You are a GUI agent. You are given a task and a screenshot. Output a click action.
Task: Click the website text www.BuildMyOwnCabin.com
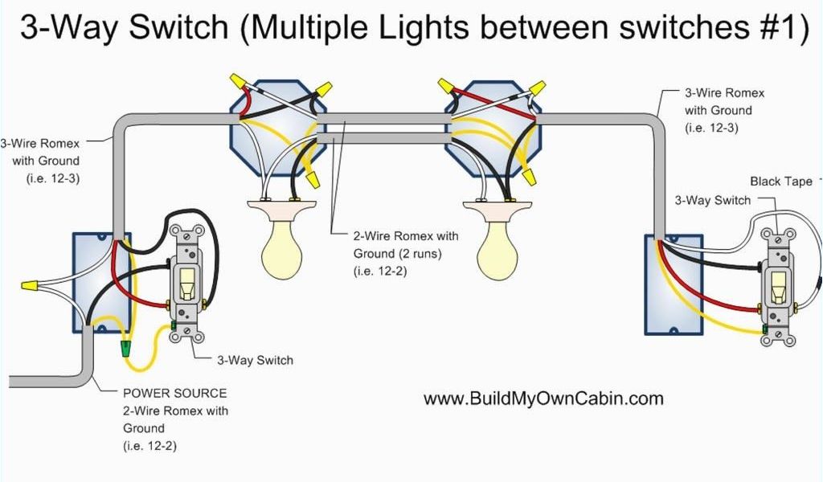pyautogui.click(x=543, y=398)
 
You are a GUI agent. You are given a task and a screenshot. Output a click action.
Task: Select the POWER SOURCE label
pyautogui.click(x=174, y=393)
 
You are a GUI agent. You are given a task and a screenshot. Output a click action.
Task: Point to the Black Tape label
pyautogui.click(x=781, y=182)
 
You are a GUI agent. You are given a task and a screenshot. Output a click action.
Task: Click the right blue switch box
pyautogui.click(x=674, y=284)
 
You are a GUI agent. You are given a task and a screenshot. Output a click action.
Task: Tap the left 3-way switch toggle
pyautogui.click(x=187, y=281)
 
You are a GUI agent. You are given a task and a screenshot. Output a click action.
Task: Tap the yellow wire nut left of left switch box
pyautogui.click(x=30, y=285)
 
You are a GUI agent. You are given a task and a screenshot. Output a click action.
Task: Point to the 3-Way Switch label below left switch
pyautogui.click(x=255, y=360)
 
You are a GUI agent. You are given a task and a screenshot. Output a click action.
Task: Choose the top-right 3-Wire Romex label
pyautogui.click(x=723, y=110)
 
